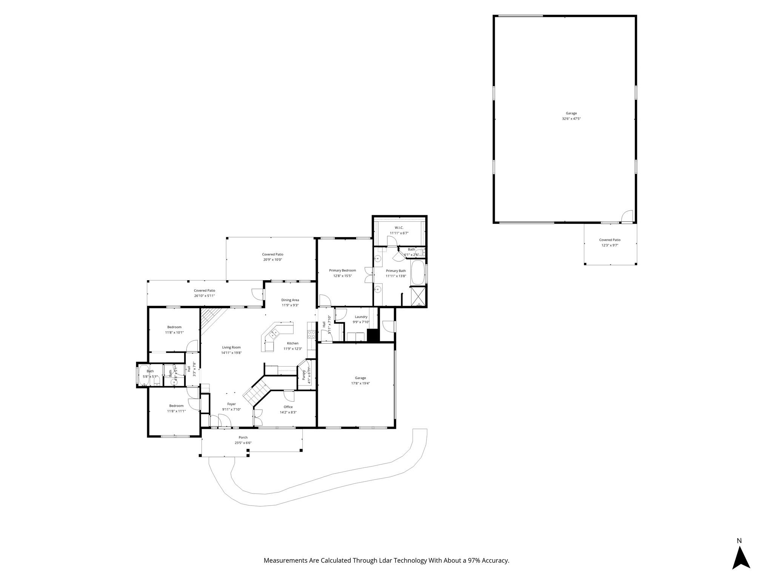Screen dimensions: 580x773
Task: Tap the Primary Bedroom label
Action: [x=342, y=270]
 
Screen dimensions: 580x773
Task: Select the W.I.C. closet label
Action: [x=399, y=228]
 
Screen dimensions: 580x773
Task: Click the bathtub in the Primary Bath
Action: [x=417, y=272]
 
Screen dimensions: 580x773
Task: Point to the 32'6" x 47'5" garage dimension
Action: [x=571, y=119]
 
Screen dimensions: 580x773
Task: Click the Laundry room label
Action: [x=361, y=317]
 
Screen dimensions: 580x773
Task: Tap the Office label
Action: [x=288, y=407]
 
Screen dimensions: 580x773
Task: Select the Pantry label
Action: [x=304, y=375]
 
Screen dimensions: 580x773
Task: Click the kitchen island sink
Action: [x=274, y=333]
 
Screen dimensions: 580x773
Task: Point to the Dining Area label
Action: [x=290, y=300]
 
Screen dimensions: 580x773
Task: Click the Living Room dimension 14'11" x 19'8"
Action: [x=231, y=353]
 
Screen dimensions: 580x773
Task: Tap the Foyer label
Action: [x=231, y=404]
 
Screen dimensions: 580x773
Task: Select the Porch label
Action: [x=243, y=438]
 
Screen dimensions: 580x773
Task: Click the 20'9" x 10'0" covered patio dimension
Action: [x=273, y=260]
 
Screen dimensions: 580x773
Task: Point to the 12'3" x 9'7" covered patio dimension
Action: [x=610, y=245]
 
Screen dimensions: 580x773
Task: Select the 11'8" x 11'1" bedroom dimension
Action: [x=176, y=411]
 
